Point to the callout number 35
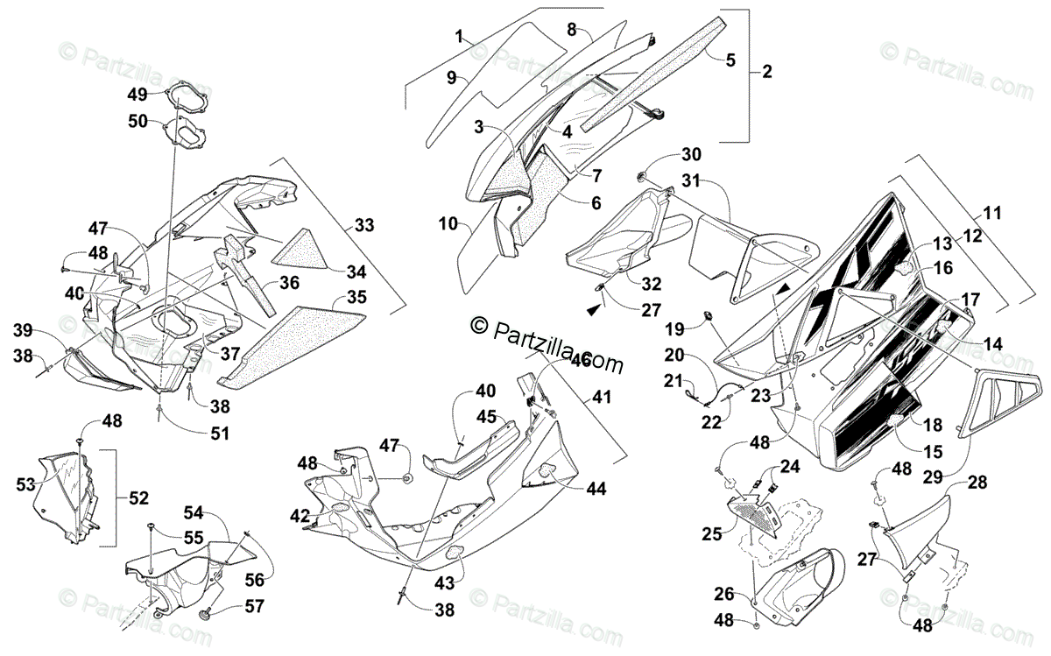point(356,297)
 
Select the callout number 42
point(300,516)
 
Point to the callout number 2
point(767,72)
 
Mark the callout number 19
point(673,330)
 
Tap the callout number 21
point(672,381)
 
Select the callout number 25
point(711,533)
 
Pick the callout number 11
point(992,213)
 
